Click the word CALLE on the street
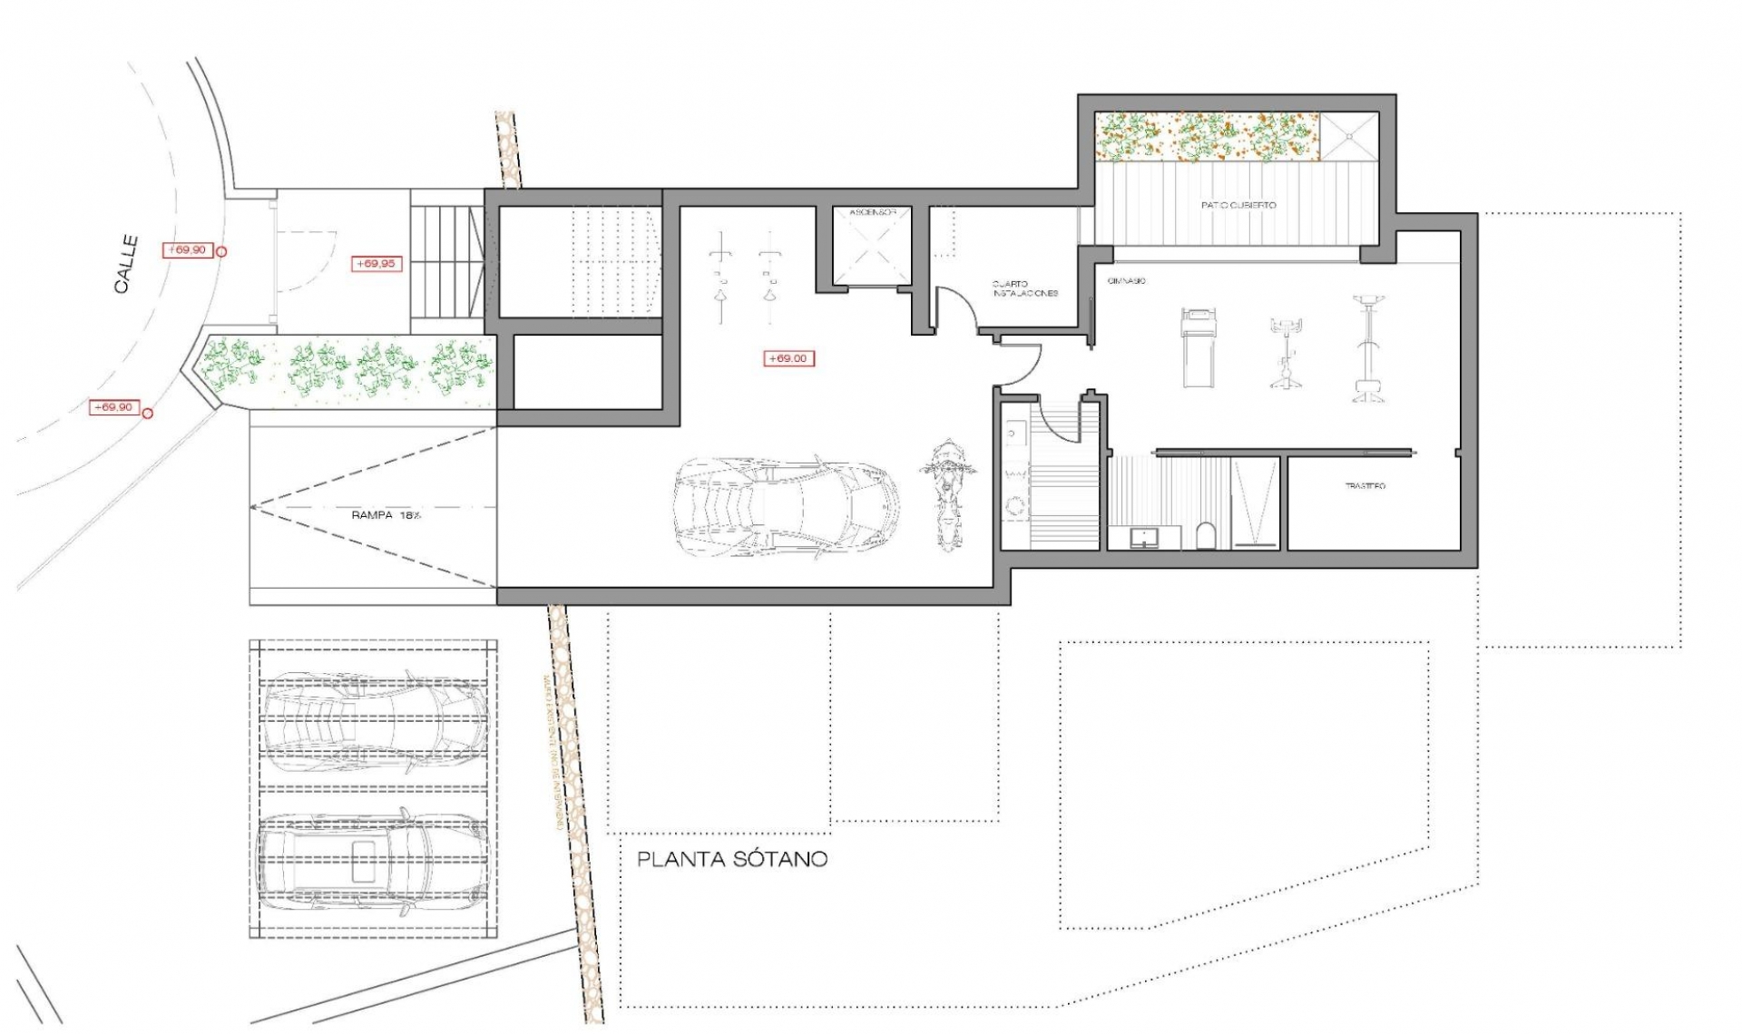click(x=127, y=264)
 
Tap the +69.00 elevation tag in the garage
click(x=788, y=358)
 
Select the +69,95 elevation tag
click(x=376, y=264)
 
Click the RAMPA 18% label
click(x=387, y=514)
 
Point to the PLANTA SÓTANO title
click(x=731, y=859)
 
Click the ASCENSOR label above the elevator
click(x=873, y=212)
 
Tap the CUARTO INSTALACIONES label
click(x=1024, y=288)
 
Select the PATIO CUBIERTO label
click(x=1238, y=205)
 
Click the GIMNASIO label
click(x=1126, y=281)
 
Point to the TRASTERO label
click(x=1365, y=486)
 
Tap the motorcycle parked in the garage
click(x=945, y=494)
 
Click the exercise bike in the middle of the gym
click(x=1285, y=354)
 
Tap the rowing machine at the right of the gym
click(x=1368, y=348)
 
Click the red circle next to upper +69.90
click(x=221, y=252)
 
